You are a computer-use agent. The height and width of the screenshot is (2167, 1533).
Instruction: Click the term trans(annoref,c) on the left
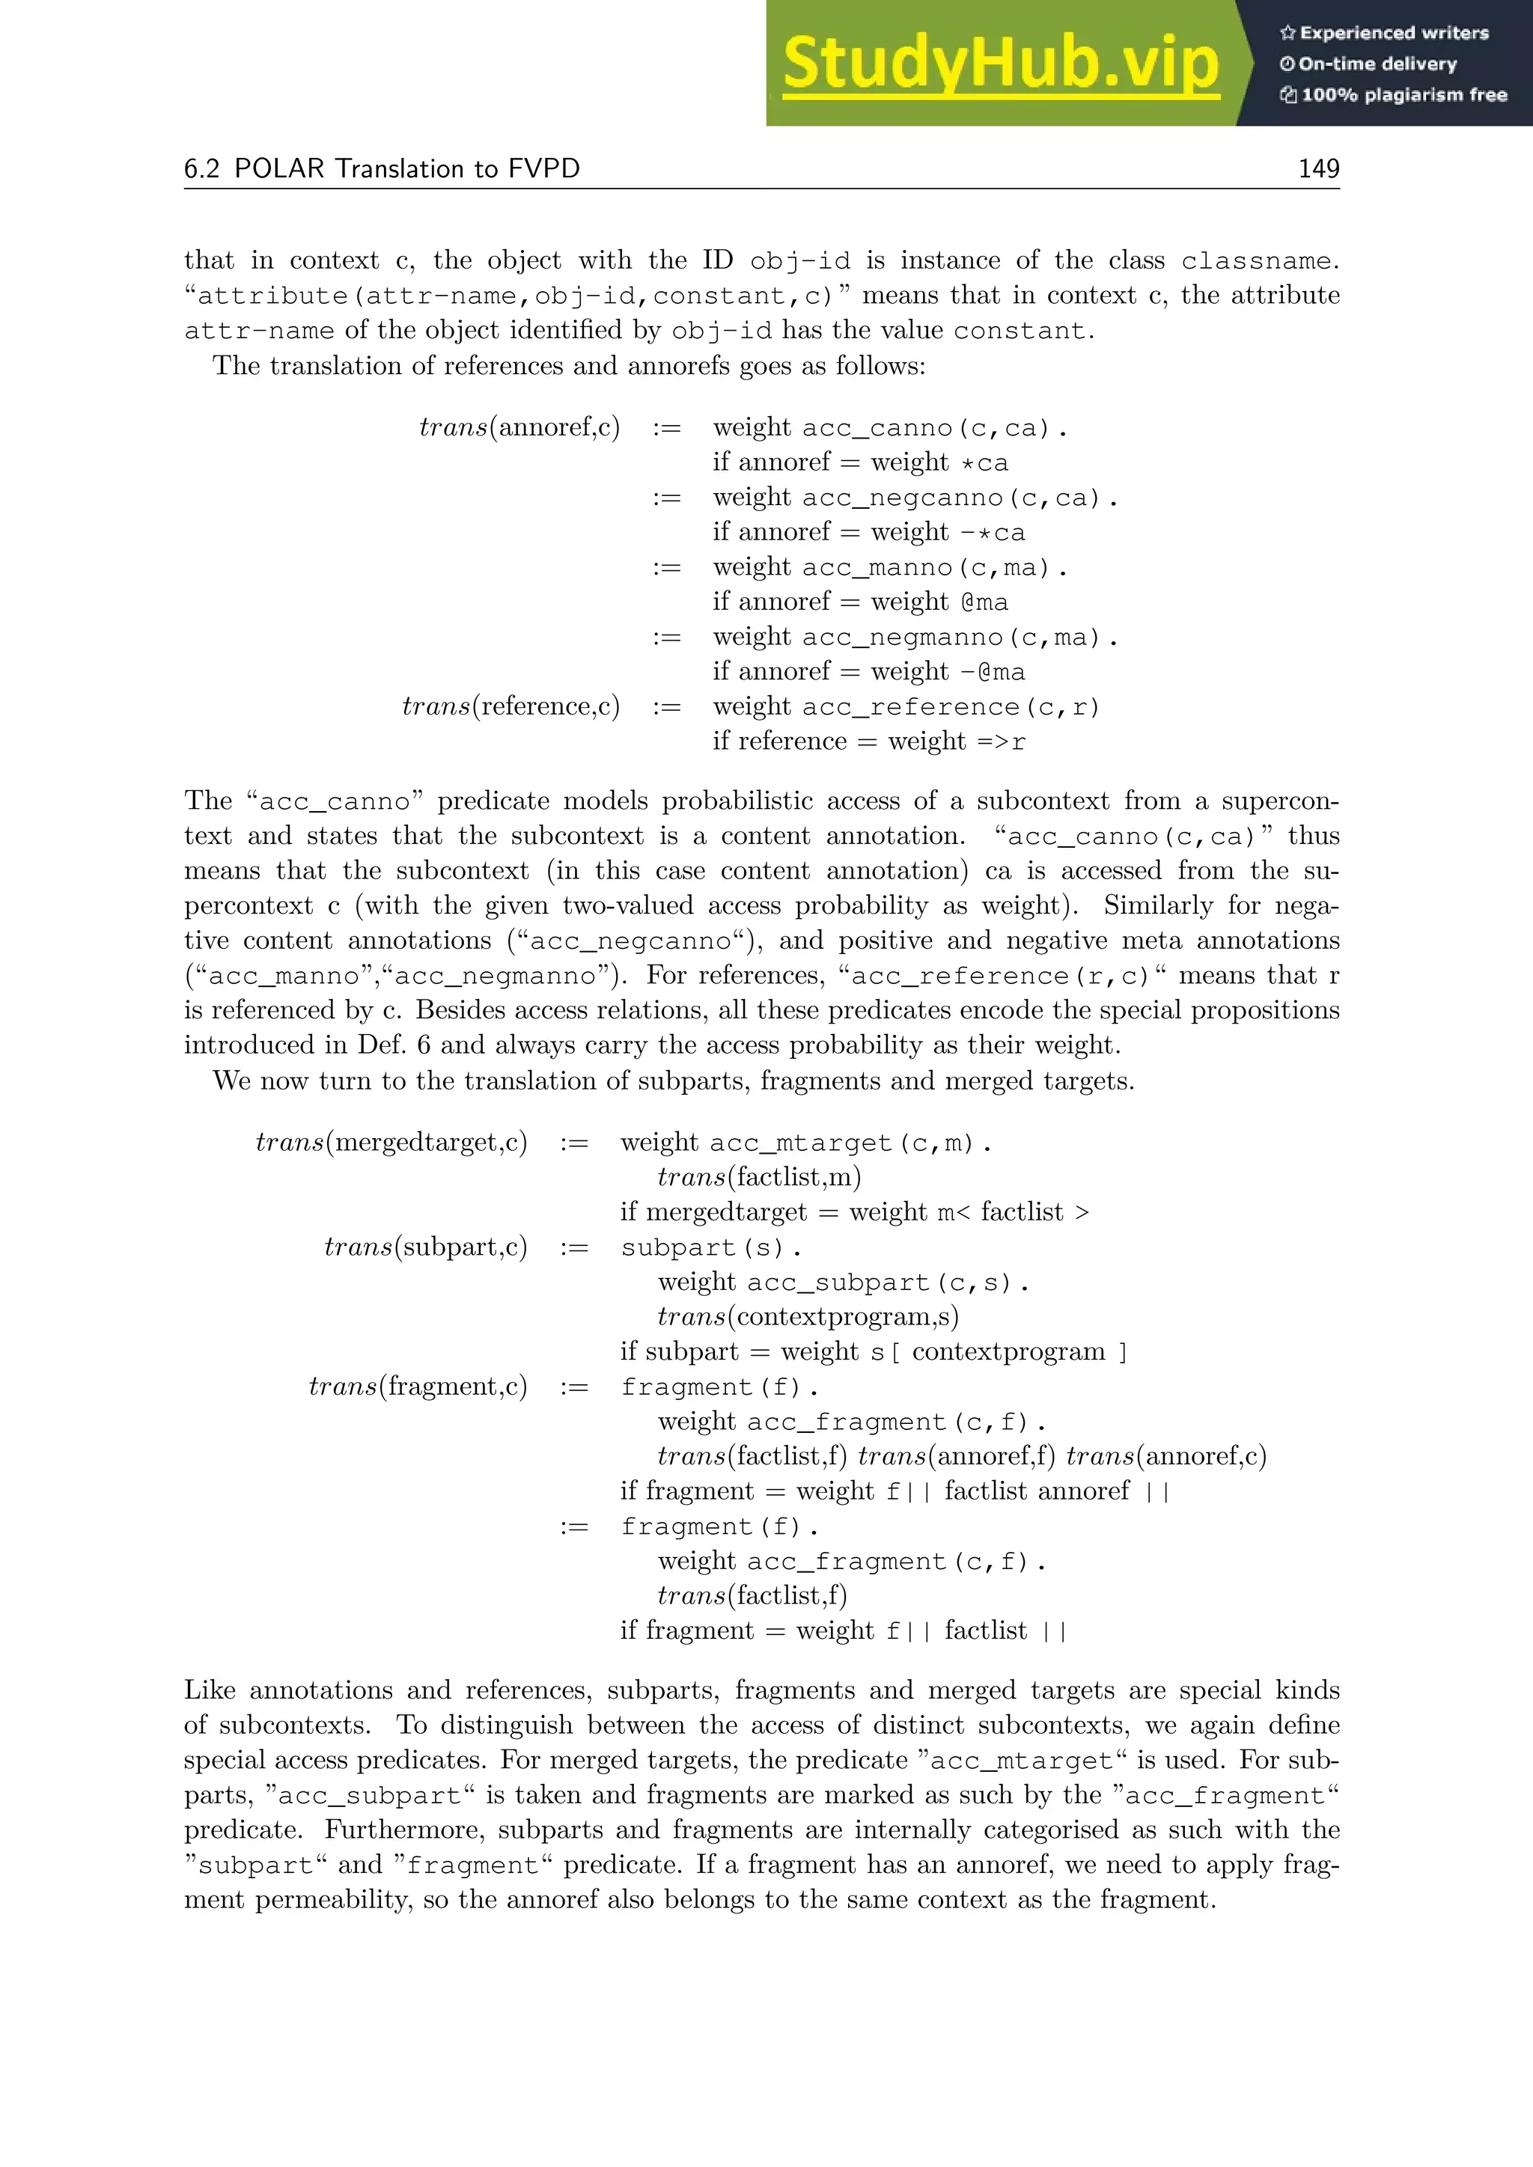pos(519,427)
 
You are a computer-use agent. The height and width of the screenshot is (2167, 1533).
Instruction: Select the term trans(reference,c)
pos(511,706)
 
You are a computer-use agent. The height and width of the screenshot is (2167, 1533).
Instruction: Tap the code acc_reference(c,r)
pos(951,707)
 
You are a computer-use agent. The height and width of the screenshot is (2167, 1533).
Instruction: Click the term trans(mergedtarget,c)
pos(391,1142)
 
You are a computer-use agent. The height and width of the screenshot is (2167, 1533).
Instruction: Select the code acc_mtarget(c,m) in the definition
pos(850,1143)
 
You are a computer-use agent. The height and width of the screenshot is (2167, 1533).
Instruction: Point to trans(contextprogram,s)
pos(807,1317)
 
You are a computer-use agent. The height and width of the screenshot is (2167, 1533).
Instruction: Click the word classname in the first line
pos(1255,260)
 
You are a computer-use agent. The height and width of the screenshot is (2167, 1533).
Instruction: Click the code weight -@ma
pos(992,672)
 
